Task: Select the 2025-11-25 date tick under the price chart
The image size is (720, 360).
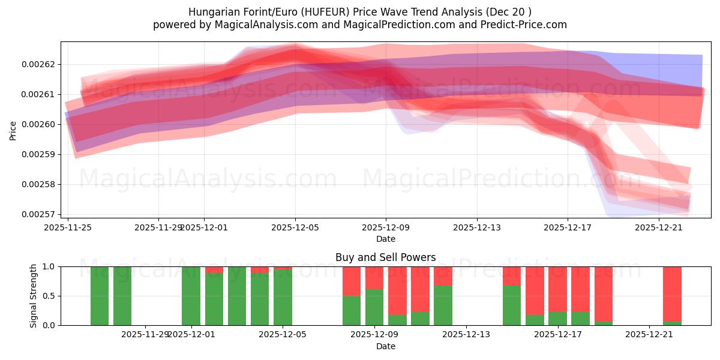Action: pyautogui.click(x=68, y=227)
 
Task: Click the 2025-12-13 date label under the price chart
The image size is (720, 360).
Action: pyautogui.click(x=476, y=227)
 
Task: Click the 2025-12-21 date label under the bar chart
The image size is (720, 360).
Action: pyautogui.click(x=649, y=334)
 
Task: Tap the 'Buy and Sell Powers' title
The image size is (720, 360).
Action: pyautogui.click(x=385, y=257)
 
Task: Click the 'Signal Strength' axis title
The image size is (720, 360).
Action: pyautogui.click(x=34, y=296)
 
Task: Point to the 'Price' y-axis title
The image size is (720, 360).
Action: pyautogui.click(x=13, y=130)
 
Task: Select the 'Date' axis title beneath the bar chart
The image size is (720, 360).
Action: pyautogui.click(x=385, y=346)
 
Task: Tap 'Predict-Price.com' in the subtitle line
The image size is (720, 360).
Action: pyautogui.click(x=522, y=25)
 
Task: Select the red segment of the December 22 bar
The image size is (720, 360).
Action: pyautogui.click(x=672, y=294)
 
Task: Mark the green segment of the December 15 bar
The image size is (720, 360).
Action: pyautogui.click(x=512, y=305)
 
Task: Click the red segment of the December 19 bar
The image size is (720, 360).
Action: pyautogui.click(x=604, y=294)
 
